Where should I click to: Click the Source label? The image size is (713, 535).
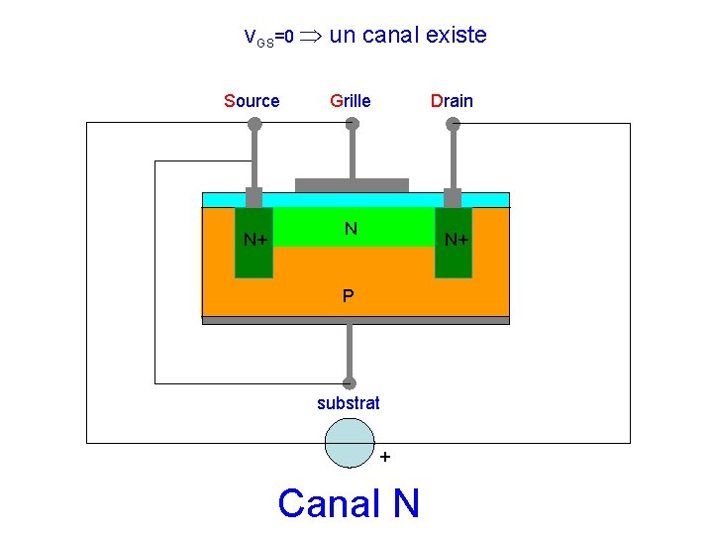click(252, 100)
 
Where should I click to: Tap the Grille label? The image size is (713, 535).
click(351, 100)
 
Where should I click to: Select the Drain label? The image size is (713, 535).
click(452, 100)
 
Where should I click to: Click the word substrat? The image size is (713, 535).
click(349, 403)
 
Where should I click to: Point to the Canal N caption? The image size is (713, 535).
click(349, 503)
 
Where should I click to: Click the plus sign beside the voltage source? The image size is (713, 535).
click(384, 457)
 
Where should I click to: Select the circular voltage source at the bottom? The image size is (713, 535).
click(350, 442)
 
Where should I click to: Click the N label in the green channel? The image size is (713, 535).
click(351, 229)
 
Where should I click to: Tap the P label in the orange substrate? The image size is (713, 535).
click(349, 295)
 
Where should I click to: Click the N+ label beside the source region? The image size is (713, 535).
click(256, 240)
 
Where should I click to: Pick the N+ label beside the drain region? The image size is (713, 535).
click(457, 240)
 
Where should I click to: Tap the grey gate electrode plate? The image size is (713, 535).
click(352, 185)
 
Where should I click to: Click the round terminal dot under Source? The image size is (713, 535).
click(254, 124)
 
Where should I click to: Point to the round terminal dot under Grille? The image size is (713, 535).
click(351, 124)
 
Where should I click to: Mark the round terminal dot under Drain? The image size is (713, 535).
click(453, 124)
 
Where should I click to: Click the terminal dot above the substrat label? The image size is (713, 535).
click(349, 382)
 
